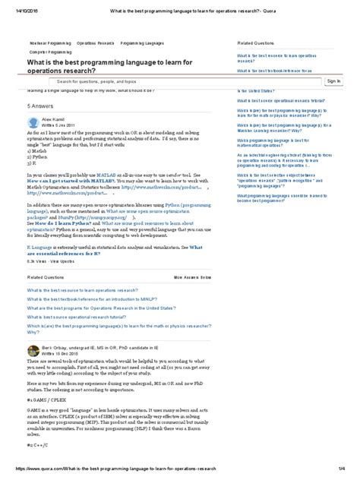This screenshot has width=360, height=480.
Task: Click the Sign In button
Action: (333, 81)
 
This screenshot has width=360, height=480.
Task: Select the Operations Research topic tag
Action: (96, 45)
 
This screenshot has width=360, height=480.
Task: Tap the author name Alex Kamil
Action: (52, 119)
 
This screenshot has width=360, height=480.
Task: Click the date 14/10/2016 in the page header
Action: (17, 5)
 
